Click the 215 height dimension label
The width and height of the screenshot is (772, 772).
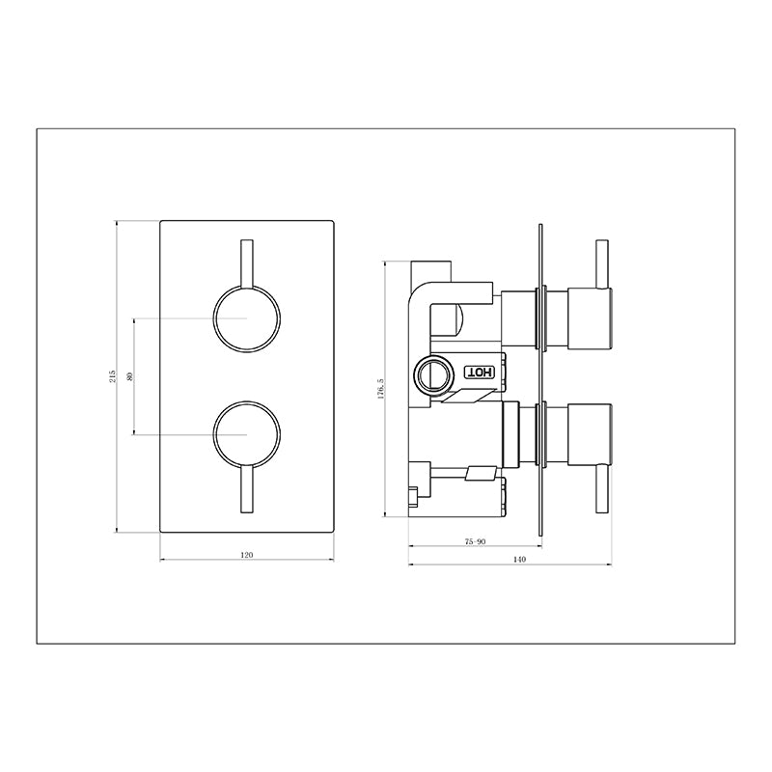click(113, 376)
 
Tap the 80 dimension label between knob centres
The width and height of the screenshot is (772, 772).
click(130, 376)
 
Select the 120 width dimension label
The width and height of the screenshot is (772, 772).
click(247, 555)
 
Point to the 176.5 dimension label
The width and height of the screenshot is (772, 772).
click(380, 389)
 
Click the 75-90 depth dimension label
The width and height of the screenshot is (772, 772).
click(475, 541)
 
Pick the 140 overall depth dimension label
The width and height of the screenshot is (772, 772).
click(519, 560)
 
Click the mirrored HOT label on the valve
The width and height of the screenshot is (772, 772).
click(480, 372)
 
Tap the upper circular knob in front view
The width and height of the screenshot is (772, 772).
click(247, 318)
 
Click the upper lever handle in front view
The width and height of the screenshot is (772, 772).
click(247, 263)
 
